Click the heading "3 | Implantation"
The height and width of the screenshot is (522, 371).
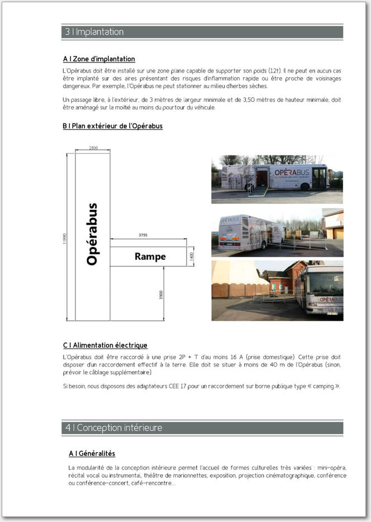(93, 32)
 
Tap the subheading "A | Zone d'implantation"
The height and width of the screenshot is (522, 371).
(99, 59)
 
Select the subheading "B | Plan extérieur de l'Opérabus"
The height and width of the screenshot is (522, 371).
(112, 126)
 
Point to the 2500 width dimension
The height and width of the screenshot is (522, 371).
(93, 148)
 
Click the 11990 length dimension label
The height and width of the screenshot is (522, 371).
(65, 237)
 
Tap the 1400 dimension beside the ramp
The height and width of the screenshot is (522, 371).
(191, 257)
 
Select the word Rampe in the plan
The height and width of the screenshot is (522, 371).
(150, 257)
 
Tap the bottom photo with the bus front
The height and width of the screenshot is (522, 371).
(277, 290)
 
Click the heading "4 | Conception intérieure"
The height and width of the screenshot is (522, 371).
(113, 428)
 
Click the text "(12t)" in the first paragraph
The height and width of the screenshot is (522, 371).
(274, 71)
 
